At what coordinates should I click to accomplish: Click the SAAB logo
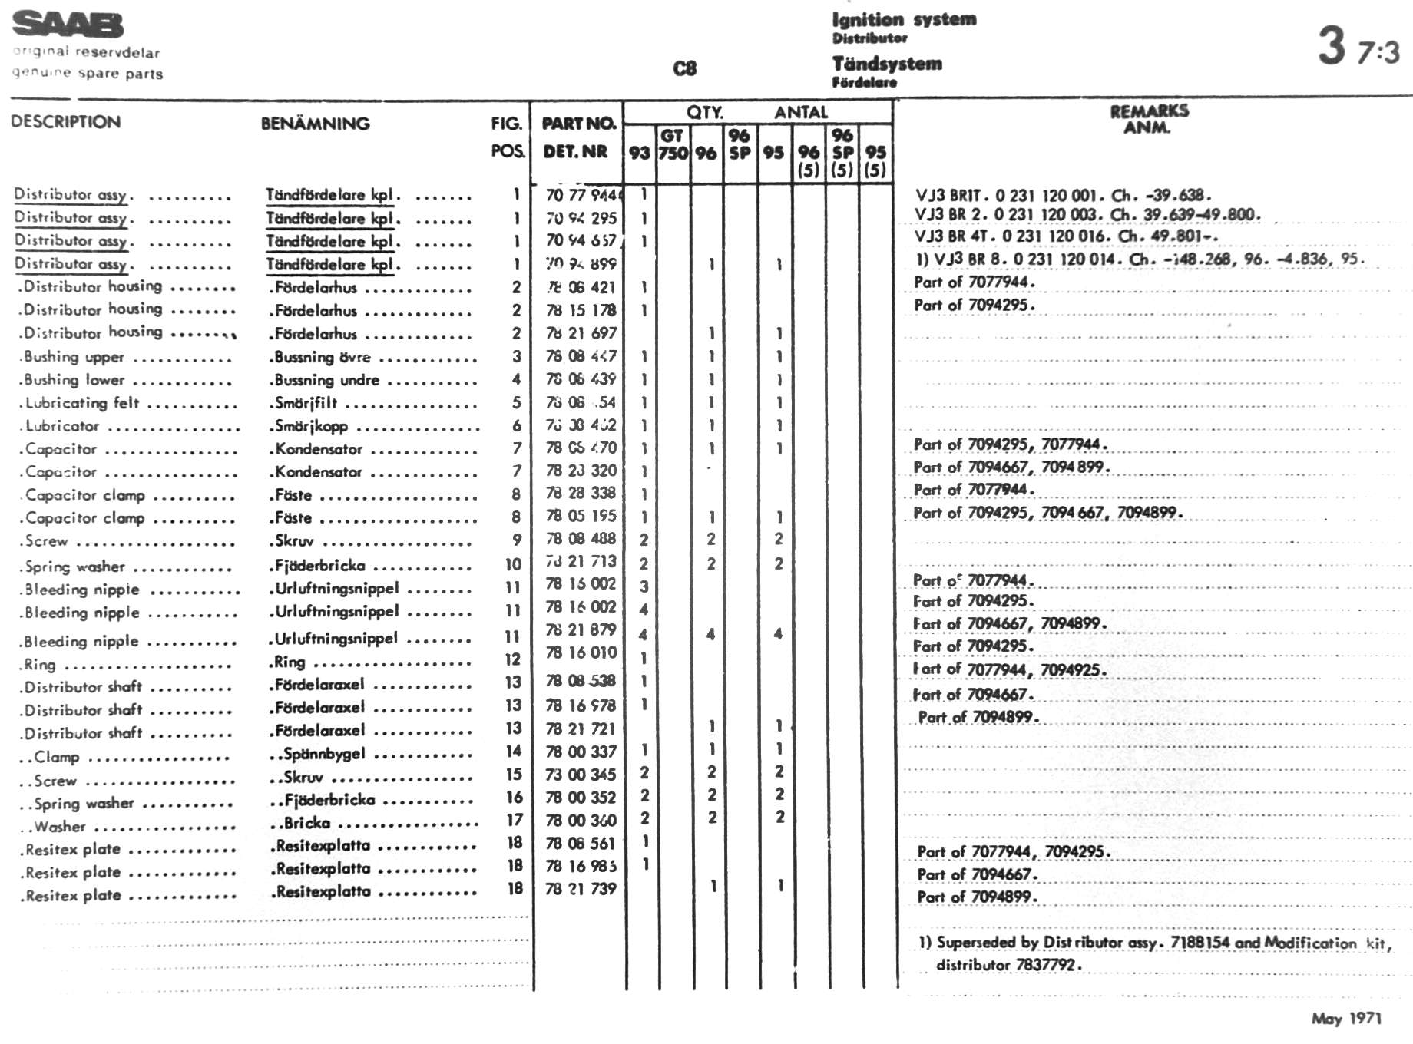coord(68,25)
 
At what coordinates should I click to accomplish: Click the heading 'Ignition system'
coord(904,19)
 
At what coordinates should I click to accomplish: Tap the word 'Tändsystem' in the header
coord(887,64)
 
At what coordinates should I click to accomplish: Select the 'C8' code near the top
coord(684,69)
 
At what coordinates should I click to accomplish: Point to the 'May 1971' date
coord(1346,1019)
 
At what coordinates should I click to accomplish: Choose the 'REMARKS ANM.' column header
coord(1149,119)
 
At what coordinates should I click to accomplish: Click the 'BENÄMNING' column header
coord(315,124)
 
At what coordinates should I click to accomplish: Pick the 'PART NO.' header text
coord(578,124)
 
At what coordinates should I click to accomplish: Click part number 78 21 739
coord(581,888)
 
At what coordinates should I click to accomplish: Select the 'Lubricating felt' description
coord(82,403)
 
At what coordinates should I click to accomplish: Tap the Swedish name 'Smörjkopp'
coord(311,426)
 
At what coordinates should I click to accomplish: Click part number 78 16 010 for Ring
coord(581,653)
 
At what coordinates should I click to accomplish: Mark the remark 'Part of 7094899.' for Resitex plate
coord(977,897)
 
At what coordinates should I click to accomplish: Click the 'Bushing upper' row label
coord(74,357)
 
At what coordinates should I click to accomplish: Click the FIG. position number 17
coord(514,820)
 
